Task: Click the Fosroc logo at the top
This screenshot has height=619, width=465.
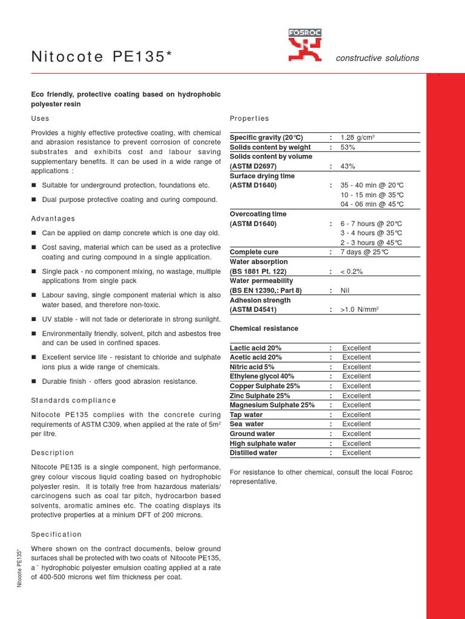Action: tap(305, 46)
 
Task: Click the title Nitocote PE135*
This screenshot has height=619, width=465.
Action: tap(98, 57)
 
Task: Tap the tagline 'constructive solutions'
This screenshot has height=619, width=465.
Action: tap(377, 58)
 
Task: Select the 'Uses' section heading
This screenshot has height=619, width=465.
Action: tap(40, 118)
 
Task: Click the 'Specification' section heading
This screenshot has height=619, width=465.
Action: tap(56, 534)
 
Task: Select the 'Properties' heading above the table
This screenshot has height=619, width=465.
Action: tap(249, 118)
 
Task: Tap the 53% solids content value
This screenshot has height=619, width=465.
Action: tap(348, 147)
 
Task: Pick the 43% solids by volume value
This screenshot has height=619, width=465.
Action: tap(348, 166)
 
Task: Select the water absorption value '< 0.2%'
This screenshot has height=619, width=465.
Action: tap(352, 271)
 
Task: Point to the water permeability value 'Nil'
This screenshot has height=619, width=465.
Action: tap(345, 290)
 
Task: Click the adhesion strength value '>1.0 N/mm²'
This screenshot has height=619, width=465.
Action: tap(361, 309)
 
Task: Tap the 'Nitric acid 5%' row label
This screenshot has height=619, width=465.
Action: tap(252, 367)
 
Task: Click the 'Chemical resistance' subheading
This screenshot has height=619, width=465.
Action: tap(264, 328)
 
